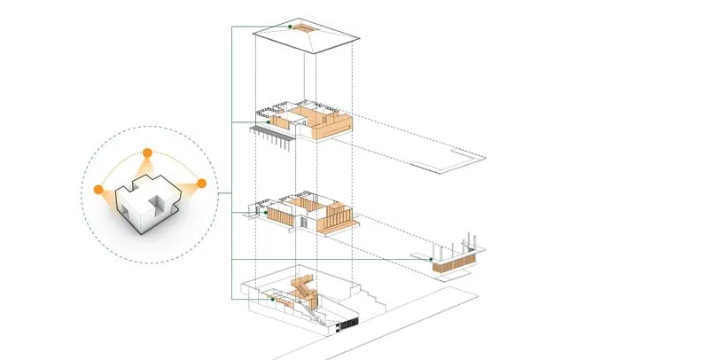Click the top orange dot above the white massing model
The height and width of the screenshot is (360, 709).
pos(147,152)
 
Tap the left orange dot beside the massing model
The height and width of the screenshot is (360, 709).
pos(98,189)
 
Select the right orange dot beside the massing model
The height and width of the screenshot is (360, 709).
pos(201,184)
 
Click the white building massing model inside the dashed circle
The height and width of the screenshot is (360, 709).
pos(147,203)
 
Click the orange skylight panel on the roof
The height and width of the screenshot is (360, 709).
pos(306,33)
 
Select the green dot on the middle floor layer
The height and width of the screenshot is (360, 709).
pos(267,213)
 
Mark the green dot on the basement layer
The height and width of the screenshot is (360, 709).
pos(274,299)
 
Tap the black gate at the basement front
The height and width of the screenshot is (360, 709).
pos(347,325)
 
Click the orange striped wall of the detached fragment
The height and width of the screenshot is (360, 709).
pos(454,264)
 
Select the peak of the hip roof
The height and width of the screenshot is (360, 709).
pos(306,30)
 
